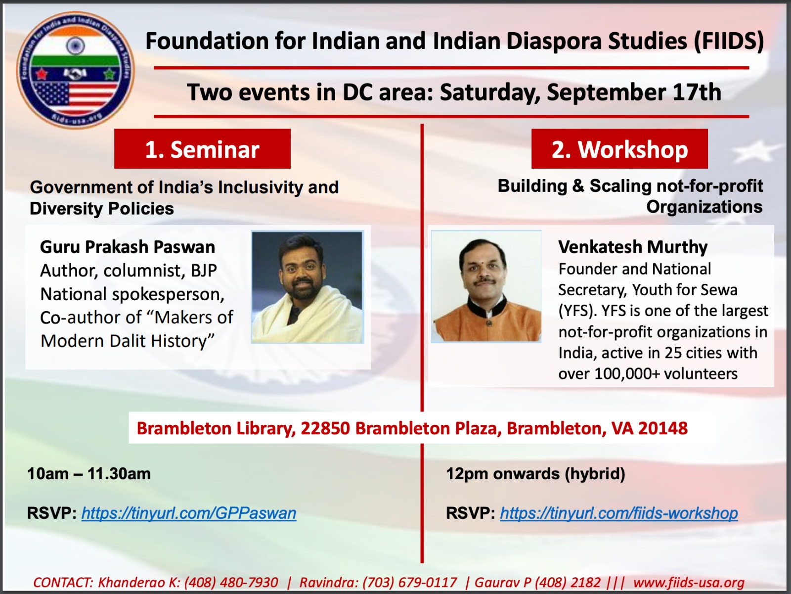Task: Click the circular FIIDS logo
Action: pyautogui.click(x=75, y=70)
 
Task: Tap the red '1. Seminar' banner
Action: pyautogui.click(x=203, y=148)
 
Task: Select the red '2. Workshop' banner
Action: pyautogui.click(x=619, y=148)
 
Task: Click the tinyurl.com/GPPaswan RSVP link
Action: pyautogui.click(x=189, y=513)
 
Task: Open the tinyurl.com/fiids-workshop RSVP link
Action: pyautogui.click(x=619, y=513)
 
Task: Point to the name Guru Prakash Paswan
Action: pyautogui.click(x=128, y=247)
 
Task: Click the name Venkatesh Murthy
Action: pyautogui.click(x=633, y=247)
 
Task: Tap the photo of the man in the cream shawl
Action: pyautogui.click(x=308, y=287)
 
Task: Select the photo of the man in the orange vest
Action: pyautogui.click(x=486, y=286)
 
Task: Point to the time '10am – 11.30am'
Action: pyautogui.click(x=89, y=474)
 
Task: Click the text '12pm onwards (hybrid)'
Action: pyautogui.click(x=535, y=474)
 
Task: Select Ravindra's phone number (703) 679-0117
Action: pyautogui.click(x=410, y=583)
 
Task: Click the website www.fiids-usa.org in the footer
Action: pyautogui.click(x=689, y=583)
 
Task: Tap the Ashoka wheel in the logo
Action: pyautogui.click(x=76, y=46)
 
